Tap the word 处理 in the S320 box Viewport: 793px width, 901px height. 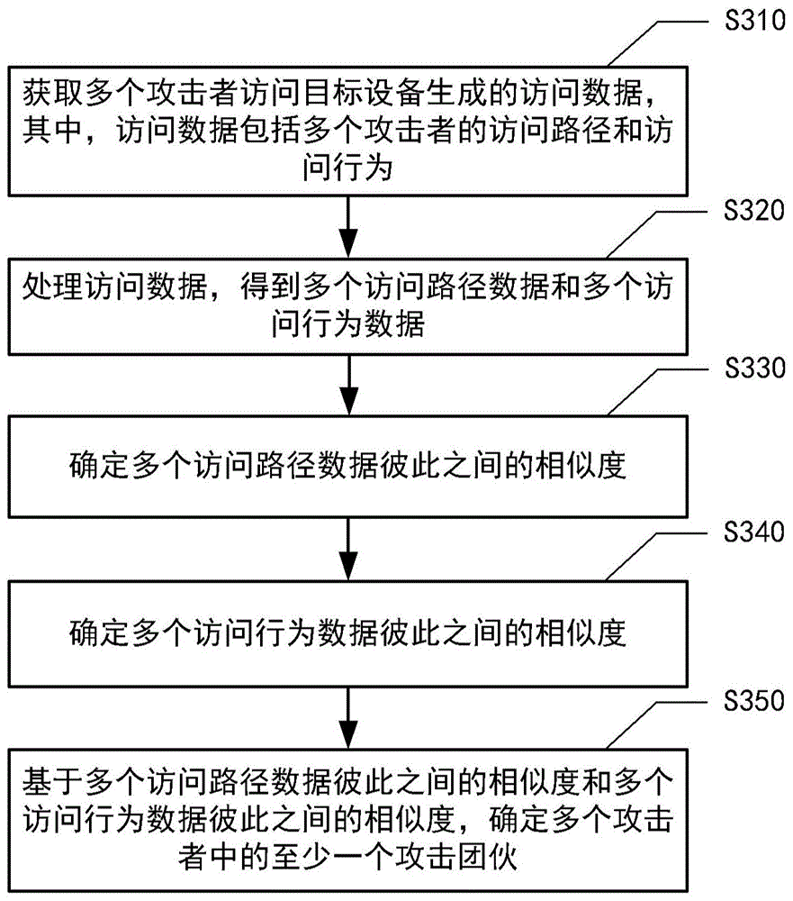click(46, 290)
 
